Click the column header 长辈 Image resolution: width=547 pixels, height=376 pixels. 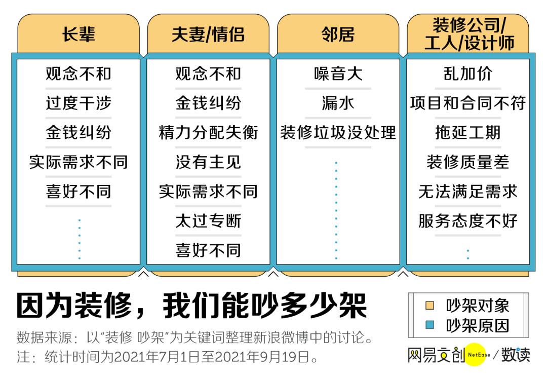[x=79, y=34]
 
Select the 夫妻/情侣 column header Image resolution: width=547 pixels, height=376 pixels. [x=208, y=34]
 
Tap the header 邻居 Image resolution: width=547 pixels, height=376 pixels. [x=338, y=34]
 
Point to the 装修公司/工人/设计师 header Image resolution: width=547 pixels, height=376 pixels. [x=468, y=34]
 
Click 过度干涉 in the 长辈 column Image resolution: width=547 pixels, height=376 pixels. [x=79, y=103]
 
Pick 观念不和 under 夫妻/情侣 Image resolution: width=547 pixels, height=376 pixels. [x=208, y=74]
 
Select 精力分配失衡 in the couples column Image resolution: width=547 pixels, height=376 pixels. [x=208, y=133]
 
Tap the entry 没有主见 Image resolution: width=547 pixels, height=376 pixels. [x=208, y=162]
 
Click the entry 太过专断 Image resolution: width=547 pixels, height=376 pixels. [x=208, y=221]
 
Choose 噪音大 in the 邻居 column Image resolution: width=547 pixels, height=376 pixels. [x=338, y=74]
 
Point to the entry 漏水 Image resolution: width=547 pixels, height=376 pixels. [x=338, y=103]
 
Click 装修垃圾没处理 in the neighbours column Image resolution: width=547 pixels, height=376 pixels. [x=338, y=133]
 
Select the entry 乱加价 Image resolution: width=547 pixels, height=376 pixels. [x=468, y=74]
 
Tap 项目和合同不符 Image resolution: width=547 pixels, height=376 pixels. [x=468, y=103]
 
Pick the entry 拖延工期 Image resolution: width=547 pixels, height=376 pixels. [x=468, y=133]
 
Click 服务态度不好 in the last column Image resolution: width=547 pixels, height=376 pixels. [x=468, y=221]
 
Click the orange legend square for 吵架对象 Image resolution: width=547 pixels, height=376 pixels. [x=430, y=306]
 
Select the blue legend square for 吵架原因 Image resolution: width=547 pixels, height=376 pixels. [x=430, y=325]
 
